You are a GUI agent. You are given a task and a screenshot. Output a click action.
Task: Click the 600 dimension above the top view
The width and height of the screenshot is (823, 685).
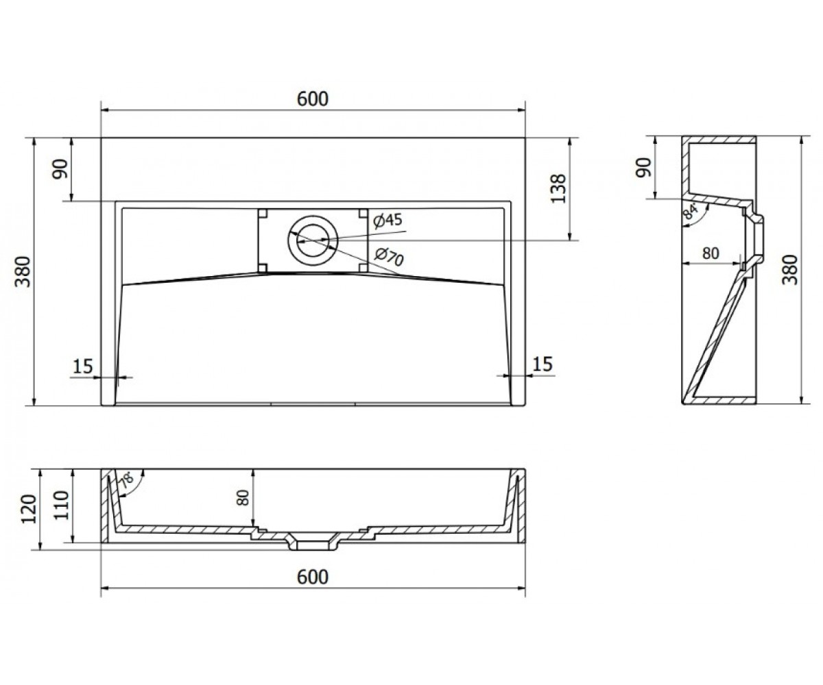pos(313,99)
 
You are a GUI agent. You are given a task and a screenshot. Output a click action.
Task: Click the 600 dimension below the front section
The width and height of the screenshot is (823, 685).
pos(313,577)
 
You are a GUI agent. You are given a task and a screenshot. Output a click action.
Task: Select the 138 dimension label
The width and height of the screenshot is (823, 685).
pos(558,189)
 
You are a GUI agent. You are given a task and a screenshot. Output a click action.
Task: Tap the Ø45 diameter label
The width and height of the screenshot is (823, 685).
pos(388,221)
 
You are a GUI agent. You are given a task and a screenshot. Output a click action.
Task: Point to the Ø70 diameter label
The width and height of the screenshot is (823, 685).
pos(389,256)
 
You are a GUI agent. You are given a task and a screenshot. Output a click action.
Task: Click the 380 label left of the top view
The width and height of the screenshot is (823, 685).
pos(23,272)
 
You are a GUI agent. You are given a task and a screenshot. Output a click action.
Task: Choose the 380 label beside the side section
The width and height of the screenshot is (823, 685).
pos(790,270)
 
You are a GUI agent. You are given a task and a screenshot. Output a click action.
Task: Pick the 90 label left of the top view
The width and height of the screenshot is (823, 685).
pos(60,169)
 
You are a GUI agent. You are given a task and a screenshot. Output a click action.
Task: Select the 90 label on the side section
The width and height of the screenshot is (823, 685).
pos(644,167)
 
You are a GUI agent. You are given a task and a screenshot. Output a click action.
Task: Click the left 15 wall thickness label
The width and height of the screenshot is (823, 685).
pos(83,366)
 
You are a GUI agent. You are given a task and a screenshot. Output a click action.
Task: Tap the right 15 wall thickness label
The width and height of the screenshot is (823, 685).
pos(542,364)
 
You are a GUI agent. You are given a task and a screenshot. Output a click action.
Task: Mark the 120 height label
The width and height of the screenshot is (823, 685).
pos(29,509)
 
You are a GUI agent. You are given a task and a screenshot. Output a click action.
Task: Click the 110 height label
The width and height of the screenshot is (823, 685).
pos(61,506)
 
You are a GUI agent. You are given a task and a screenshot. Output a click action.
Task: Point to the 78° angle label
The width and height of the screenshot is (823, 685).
pos(127,480)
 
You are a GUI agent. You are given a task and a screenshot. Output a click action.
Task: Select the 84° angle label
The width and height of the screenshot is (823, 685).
pos(690,212)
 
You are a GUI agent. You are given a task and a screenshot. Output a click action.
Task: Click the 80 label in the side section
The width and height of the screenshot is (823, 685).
pos(711,253)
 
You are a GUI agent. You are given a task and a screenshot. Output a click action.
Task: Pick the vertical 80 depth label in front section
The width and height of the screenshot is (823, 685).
pos(243,497)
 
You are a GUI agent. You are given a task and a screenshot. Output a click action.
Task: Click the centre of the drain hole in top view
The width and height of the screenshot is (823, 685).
pos(313,240)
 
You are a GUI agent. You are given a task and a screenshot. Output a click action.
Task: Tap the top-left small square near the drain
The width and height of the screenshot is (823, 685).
pos(263,213)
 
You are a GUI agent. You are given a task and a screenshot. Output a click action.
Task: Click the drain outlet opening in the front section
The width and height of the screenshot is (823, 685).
pos(313,546)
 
